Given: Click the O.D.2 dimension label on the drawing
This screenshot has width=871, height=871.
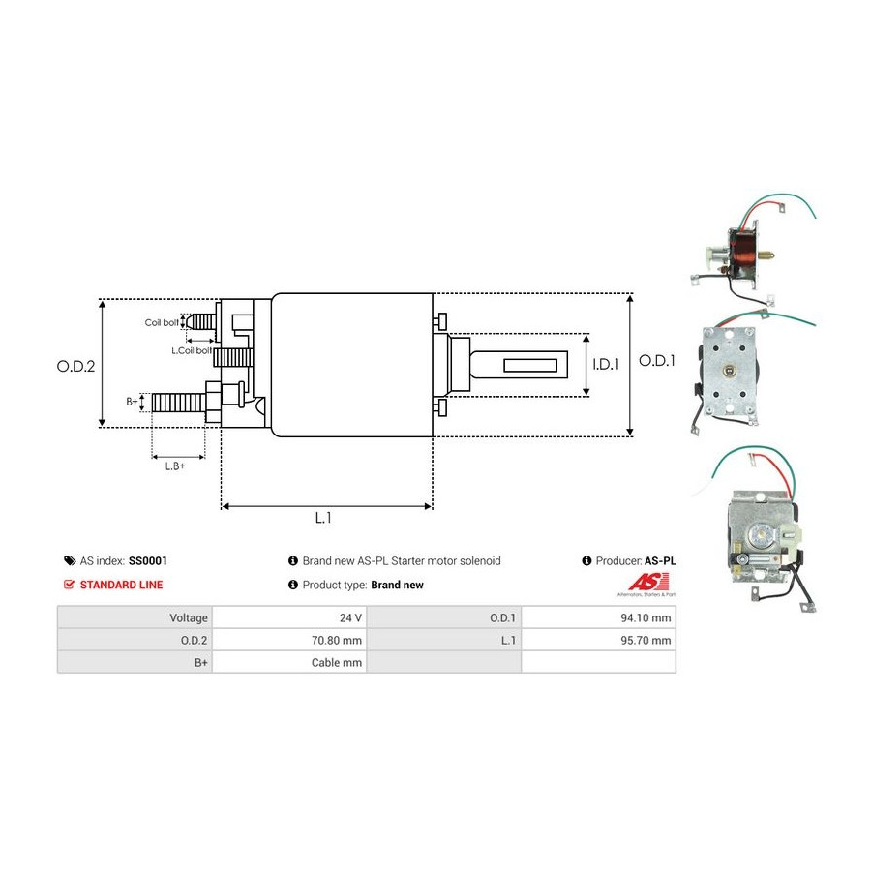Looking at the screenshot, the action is coord(75,366).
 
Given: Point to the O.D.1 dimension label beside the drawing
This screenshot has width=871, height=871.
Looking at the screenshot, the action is coord(656,361).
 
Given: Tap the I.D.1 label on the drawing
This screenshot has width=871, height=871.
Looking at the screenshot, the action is coord(606,365).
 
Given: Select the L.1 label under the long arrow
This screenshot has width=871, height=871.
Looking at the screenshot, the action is coord(323,518).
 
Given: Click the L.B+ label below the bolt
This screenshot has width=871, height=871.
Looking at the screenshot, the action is coord(175,466).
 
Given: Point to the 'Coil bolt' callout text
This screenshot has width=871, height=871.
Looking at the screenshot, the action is coord(162,322).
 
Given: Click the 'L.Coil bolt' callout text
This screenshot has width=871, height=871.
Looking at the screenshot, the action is coord(192,351).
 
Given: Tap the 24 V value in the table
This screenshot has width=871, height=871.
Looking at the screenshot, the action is coord(350,617).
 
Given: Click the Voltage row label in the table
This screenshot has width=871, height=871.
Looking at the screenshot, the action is coord(189,617).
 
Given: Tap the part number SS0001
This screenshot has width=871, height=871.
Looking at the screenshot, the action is coord(148,561).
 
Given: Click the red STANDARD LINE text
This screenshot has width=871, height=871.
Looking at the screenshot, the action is coord(121,585).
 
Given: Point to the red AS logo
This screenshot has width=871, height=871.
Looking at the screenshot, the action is coord(648,583).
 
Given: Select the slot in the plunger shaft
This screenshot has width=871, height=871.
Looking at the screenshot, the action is coord(530,365).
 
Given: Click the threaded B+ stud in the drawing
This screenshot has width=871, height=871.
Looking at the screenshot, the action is coord(178,403).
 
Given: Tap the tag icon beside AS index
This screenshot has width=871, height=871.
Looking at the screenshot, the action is coord(70,561).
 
